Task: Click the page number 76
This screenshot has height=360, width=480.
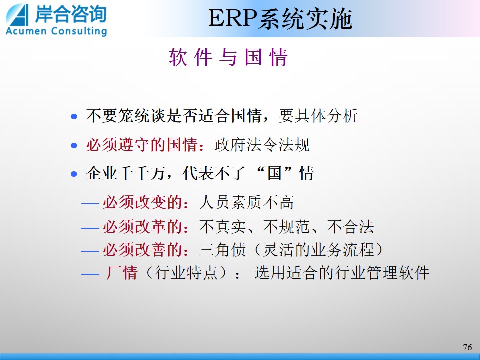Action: [467, 347]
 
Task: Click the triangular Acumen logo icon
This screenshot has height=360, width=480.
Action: [17, 15]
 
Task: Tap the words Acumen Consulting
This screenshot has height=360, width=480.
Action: [56, 31]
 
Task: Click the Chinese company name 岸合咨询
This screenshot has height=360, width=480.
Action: [70, 14]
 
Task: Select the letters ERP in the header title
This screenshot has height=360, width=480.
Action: [232, 18]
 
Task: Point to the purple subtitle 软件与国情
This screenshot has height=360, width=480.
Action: [228, 57]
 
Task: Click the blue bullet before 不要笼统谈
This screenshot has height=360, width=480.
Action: [74, 116]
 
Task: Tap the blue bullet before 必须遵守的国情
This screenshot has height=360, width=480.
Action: [74, 145]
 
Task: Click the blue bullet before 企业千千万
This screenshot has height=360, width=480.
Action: [74, 174]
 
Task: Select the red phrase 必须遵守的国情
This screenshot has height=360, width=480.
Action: [141, 145]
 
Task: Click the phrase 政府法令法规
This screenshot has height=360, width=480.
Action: [262, 145]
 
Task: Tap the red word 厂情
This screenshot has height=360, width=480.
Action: [122, 273]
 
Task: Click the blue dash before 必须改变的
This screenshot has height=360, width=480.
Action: [90, 203]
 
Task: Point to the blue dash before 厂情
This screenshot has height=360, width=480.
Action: [90, 274]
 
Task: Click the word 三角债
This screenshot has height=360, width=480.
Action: [222, 249]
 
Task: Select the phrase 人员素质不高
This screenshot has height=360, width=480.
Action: [246, 202]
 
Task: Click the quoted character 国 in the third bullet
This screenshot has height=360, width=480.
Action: [274, 173]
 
